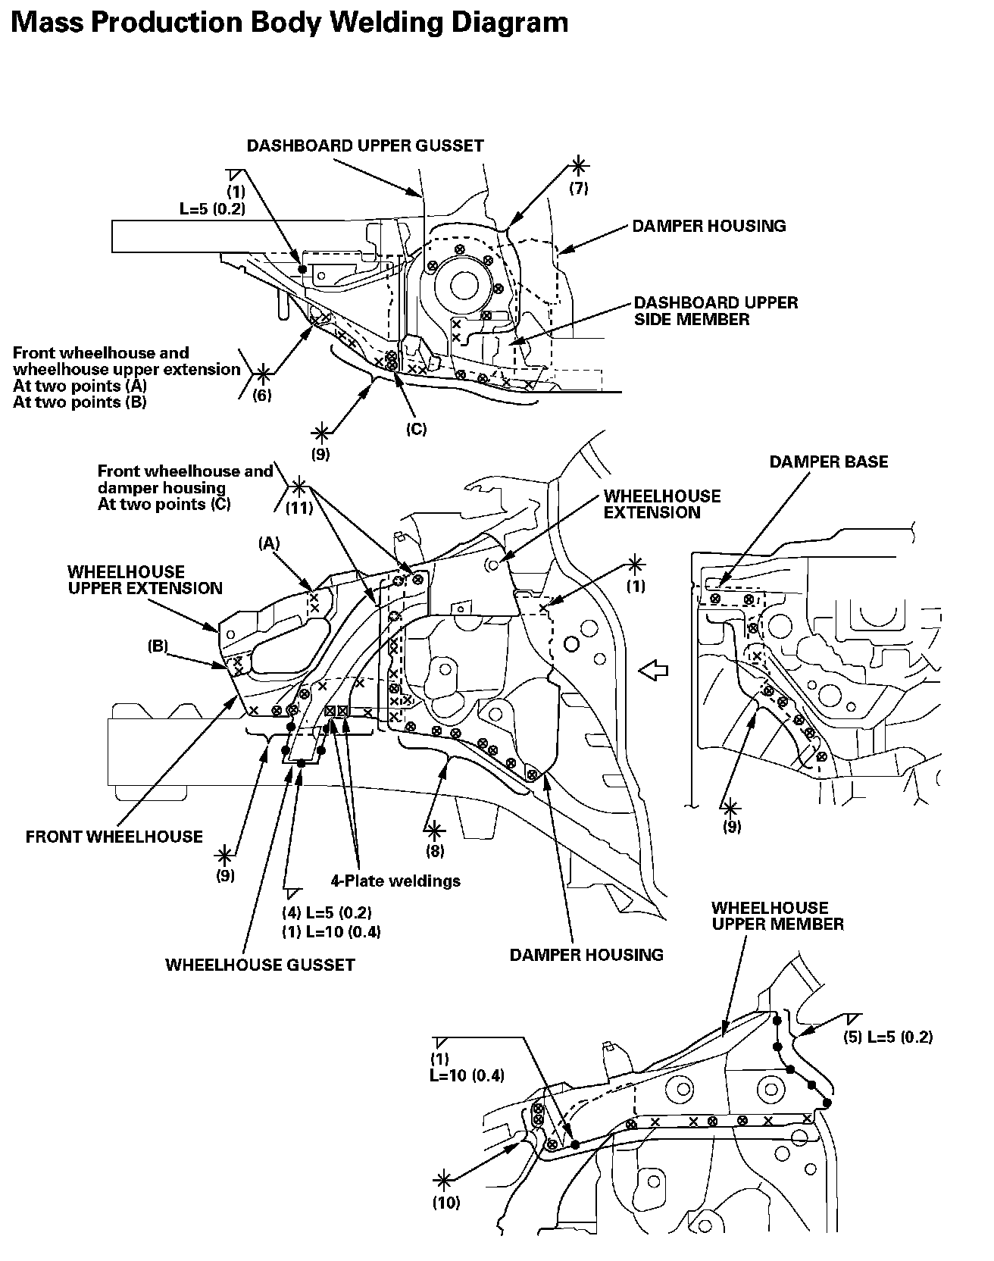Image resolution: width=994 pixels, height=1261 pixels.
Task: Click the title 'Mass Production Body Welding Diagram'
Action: [290, 23]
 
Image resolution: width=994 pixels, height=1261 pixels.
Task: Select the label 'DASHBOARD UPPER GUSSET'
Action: [365, 145]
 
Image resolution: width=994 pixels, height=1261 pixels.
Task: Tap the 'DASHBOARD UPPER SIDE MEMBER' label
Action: [716, 311]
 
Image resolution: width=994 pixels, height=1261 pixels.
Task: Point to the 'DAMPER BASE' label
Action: [829, 462]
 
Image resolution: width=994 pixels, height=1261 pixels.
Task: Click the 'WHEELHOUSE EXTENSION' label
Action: [662, 504]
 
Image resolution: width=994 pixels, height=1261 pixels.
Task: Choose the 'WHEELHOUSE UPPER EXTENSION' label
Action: [145, 580]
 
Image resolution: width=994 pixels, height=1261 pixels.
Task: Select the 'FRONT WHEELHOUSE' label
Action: [114, 836]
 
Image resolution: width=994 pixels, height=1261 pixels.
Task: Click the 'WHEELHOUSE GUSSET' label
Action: [260, 965]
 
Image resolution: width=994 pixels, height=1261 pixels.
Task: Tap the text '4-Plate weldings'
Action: [395, 881]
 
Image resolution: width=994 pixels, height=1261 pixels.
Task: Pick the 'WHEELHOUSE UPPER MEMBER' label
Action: [777, 915]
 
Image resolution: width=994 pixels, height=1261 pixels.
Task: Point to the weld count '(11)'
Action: [299, 508]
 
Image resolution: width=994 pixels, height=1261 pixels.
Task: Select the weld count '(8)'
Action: [435, 850]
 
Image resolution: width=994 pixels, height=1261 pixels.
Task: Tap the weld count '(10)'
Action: [447, 1203]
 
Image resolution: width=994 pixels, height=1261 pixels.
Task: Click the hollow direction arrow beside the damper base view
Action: [654, 669]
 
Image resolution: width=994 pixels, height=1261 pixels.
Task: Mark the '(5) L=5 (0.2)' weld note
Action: [888, 1037]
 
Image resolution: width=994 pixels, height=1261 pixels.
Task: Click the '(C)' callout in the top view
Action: [416, 429]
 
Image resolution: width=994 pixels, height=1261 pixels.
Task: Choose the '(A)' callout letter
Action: [269, 543]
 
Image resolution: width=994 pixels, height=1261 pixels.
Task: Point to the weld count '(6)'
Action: [262, 395]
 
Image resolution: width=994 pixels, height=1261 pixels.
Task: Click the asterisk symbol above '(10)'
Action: [445, 1179]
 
